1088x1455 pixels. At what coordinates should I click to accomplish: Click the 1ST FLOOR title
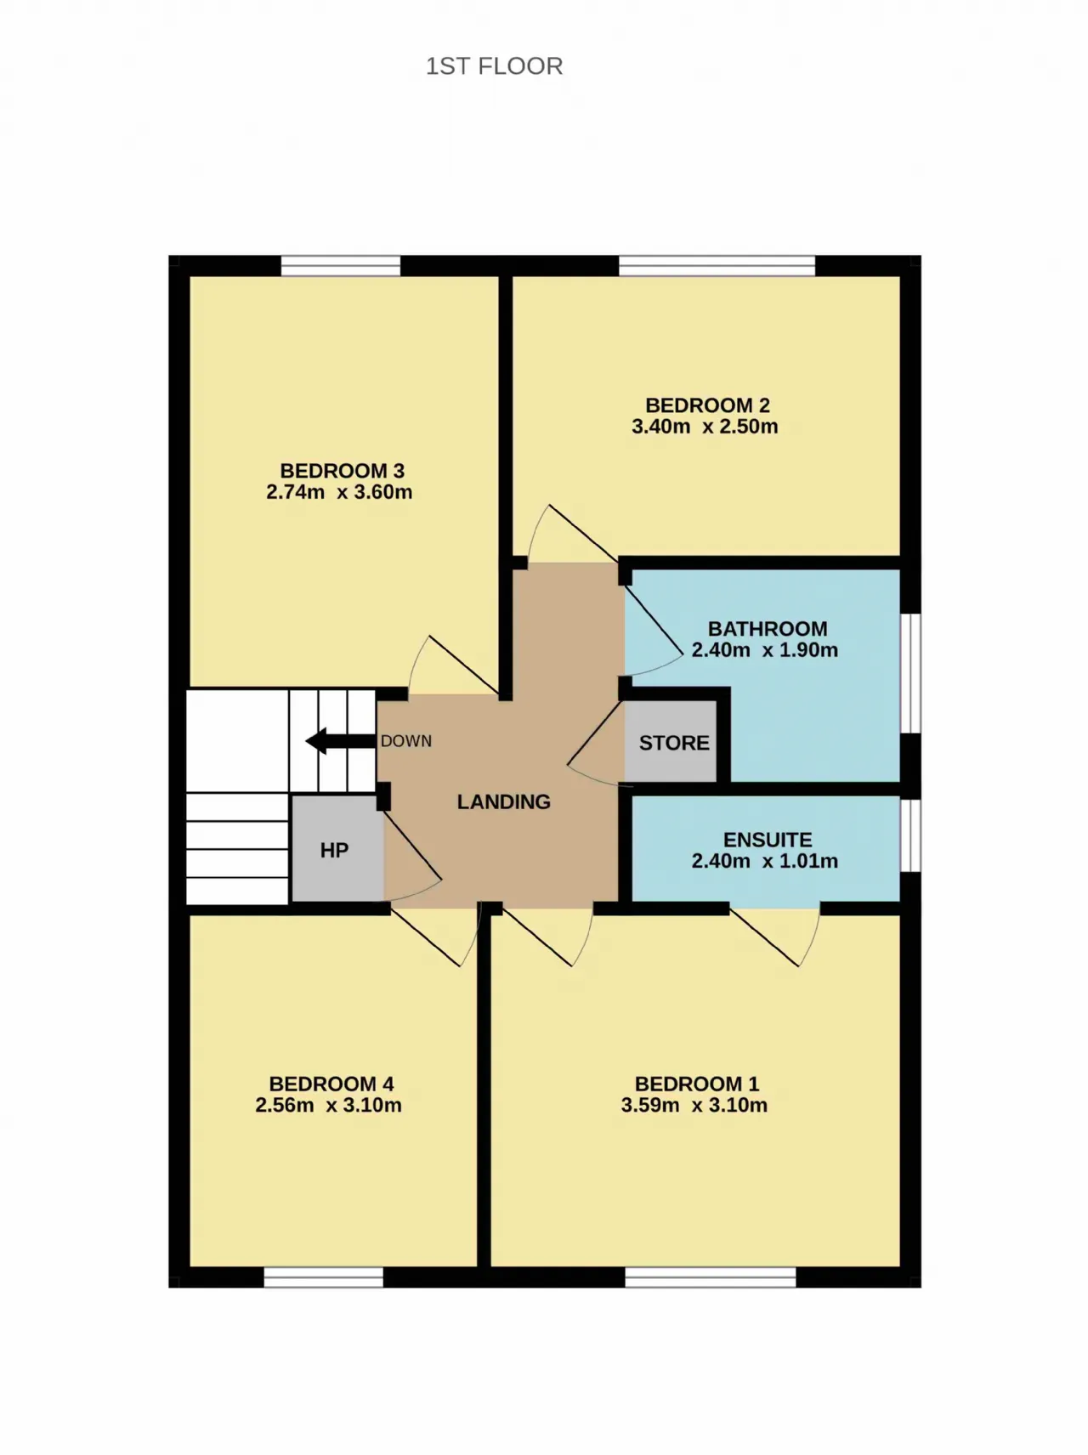pyautogui.click(x=494, y=66)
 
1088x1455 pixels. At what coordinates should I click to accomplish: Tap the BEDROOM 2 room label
pyautogui.click(x=707, y=405)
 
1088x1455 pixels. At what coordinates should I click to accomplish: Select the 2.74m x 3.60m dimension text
pyautogui.click(x=339, y=492)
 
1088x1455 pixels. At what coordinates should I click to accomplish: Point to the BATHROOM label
pyautogui.click(x=768, y=629)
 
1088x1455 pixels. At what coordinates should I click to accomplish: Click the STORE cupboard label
pyautogui.click(x=674, y=743)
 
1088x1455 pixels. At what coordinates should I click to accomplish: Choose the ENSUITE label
pyautogui.click(x=768, y=840)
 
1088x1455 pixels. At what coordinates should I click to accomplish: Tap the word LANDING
pyautogui.click(x=504, y=801)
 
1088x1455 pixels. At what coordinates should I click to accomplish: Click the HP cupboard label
pyautogui.click(x=334, y=851)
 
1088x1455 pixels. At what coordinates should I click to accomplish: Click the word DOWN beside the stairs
pyautogui.click(x=406, y=741)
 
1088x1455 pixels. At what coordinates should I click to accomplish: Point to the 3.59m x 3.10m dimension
pyautogui.click(x=694, y=1106)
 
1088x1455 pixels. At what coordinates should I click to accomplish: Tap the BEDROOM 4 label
pyautogui.click(x=331, y=1084)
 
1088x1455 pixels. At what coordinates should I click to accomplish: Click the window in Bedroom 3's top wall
pyautogui.click(x=341, y=266)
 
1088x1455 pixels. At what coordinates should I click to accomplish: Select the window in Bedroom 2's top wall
pyautogui.click(x=717, y=266)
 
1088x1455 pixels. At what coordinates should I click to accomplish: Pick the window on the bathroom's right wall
pyautogui.click(x=910, y=673)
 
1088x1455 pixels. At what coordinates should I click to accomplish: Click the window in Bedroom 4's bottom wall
pyautogui.click(x=324, y=1277)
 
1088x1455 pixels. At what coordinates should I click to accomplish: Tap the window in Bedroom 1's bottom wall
pyautogui.click(x=711, y=1277)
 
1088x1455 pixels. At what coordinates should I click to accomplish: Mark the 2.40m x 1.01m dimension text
pyautogui.click(x=765, y=861)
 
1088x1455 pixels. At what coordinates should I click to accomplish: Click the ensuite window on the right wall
pyautogui.click(x=910, y=835)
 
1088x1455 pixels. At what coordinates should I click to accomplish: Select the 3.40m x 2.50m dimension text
pyautogui.click(x=705, y=427)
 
